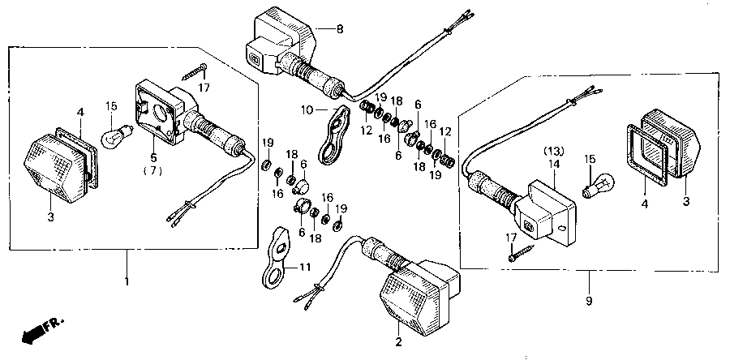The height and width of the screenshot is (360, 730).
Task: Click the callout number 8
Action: point(340,29)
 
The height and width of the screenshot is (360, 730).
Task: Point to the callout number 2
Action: point(398,342)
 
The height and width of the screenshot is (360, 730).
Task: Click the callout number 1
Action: point(127,281)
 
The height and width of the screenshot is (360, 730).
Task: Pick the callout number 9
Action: point(588,302)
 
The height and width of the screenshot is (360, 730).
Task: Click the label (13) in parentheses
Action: point(552,152)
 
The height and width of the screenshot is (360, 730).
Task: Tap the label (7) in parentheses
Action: point(153,171)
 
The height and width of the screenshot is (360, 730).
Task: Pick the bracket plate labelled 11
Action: point(277,255)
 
